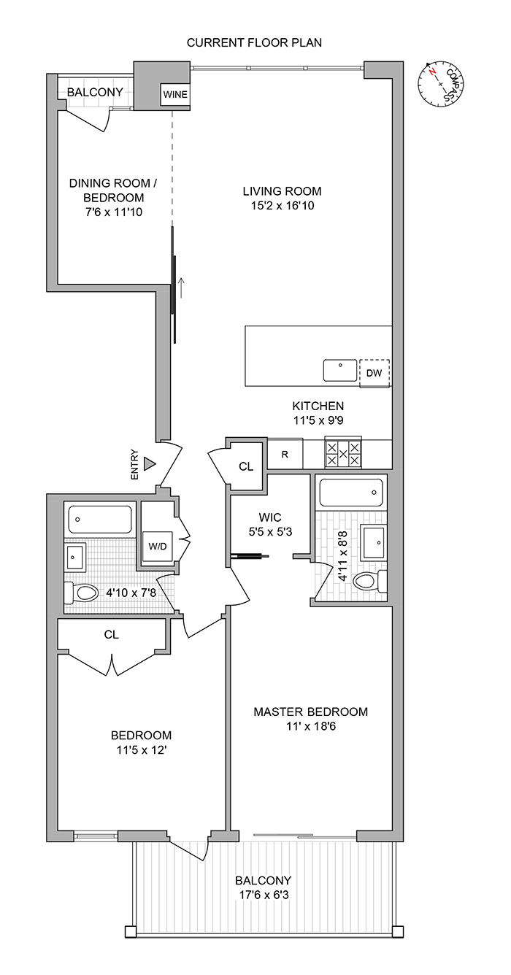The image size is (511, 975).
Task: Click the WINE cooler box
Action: pos(174,95)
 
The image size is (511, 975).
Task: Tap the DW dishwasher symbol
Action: pos(374,373)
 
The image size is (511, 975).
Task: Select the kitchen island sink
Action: pos(341,370)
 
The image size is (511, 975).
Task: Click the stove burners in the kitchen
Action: pos(343,453)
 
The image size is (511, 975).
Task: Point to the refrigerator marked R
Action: pos(285,453)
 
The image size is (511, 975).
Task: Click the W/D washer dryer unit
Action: pos(158,546)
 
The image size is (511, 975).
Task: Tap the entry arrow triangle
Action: pos(150,463)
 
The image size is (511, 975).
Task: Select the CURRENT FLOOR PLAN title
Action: pos(254,43)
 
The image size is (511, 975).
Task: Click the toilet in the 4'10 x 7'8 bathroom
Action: pos(82,593)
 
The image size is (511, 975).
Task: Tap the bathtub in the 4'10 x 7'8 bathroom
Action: pos(101,520)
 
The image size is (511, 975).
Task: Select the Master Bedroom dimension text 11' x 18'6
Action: pos(310,727)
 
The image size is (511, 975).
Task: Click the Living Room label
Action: pos(282,191)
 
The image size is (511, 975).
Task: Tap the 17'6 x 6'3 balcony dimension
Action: pos(264,895)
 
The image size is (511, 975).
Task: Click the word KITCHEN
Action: pos(318,406)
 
